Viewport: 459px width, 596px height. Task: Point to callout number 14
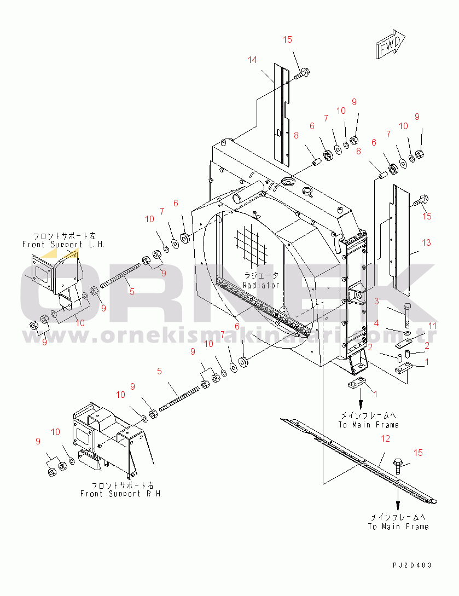tap(252, 60)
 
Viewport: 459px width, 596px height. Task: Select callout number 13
tap(426, 242)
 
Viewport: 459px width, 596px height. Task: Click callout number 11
tap(432, 326)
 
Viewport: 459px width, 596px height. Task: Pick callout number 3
tap(376, 301)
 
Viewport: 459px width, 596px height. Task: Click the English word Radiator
tap(262, 285)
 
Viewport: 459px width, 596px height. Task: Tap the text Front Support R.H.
tap(121, 493)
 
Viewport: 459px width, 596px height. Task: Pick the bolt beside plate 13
tap(421, 199)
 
